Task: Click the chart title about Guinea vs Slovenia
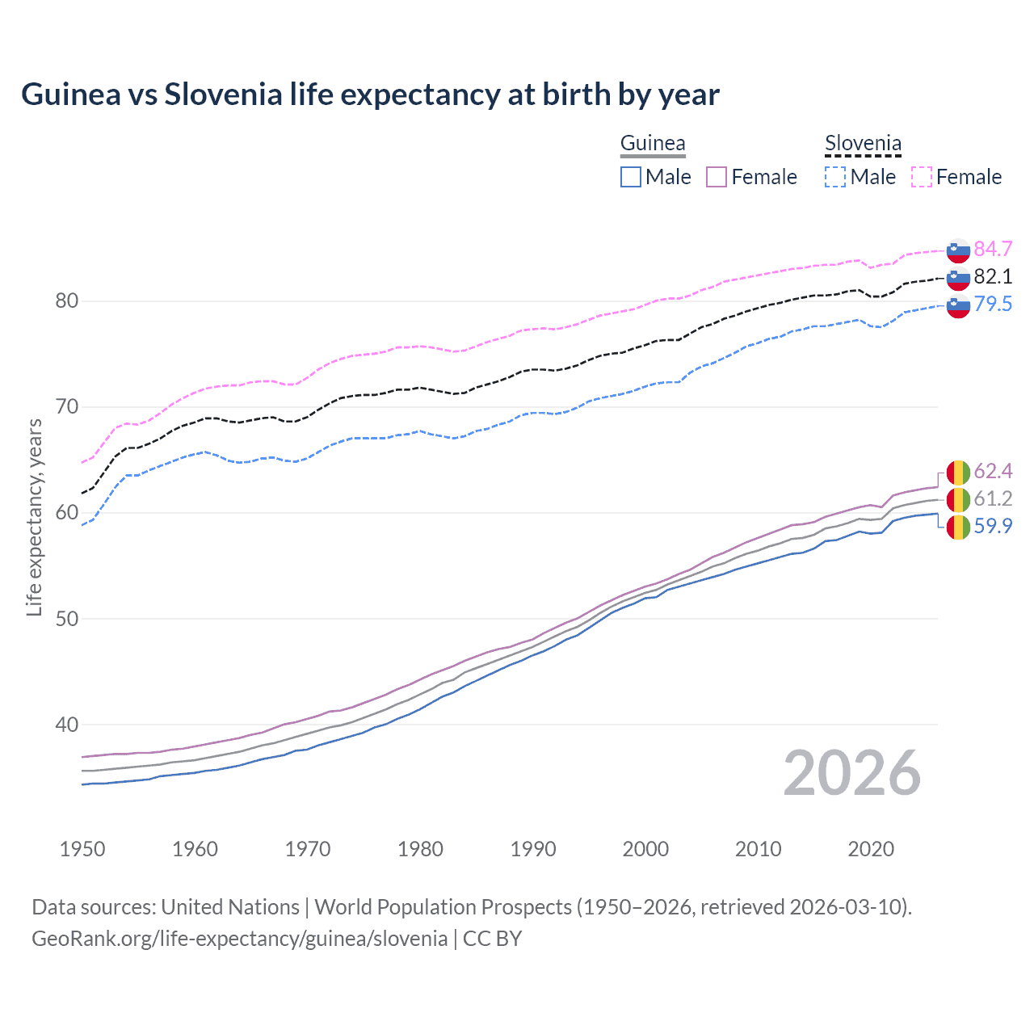pyautogui.click(x=370, y=95)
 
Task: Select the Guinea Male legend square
pyautogui.click(x=631, y=177)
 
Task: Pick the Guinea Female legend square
pyautogui.click(x=717, y=177)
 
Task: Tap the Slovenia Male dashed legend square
pyautogui.click(x=835, y=177)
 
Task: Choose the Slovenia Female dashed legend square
pyautogui.click(x=922, y=177)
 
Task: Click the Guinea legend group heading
pyautogui.click(x=653, y=144)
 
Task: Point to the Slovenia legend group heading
pyautogui.click(x=863, y=144)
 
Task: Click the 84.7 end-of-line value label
pyautogui.click(x=993, y=249)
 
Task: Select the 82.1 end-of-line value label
pyautogui.click(x=993, y=276)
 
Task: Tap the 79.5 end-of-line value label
pyautogui.click(x=993, y=304)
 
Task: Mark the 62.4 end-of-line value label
pyautogui.click(x=993, y=471)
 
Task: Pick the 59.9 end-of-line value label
pyautogui.click(x=993, y=526)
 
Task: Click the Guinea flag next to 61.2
pyautogui.click(x=958, y=498)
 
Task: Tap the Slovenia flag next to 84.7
pyautogui.click(x=958, y=250)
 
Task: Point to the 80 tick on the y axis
pyautogui.click(x=66, y=301)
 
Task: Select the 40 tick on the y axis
pyautogui.click(x=66, y=725)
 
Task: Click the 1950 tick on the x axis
pyautogui.click(x=82, y=849)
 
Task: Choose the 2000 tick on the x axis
pyautogui.click(x=645, y=849)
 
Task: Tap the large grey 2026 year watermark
pyautogui.click(x=851, y=773)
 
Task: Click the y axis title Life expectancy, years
pyautogui.click(x=34, y=517)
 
